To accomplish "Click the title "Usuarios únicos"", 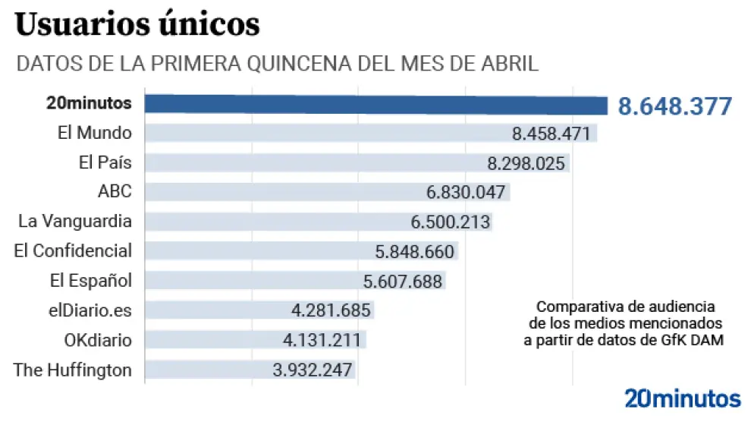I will [137, 26].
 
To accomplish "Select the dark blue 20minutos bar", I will [375, 105].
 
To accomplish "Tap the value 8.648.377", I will [674, 106].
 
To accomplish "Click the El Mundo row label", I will [95, 133].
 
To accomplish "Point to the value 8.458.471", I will [551, 134].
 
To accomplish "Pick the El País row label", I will [105, 162].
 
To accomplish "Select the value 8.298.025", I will [526, 163].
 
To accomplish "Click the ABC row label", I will [115, 192].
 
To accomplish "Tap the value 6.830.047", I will [466, 193].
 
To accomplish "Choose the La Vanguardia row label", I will [75, 222].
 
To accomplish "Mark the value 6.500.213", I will [451, 222].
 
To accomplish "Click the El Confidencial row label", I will [73, 251].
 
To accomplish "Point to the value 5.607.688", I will [403, 282].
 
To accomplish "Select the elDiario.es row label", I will [90, 310].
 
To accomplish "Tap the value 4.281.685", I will [331, 310].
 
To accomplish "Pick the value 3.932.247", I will [313, 370].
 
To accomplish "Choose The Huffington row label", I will [73, 370].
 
